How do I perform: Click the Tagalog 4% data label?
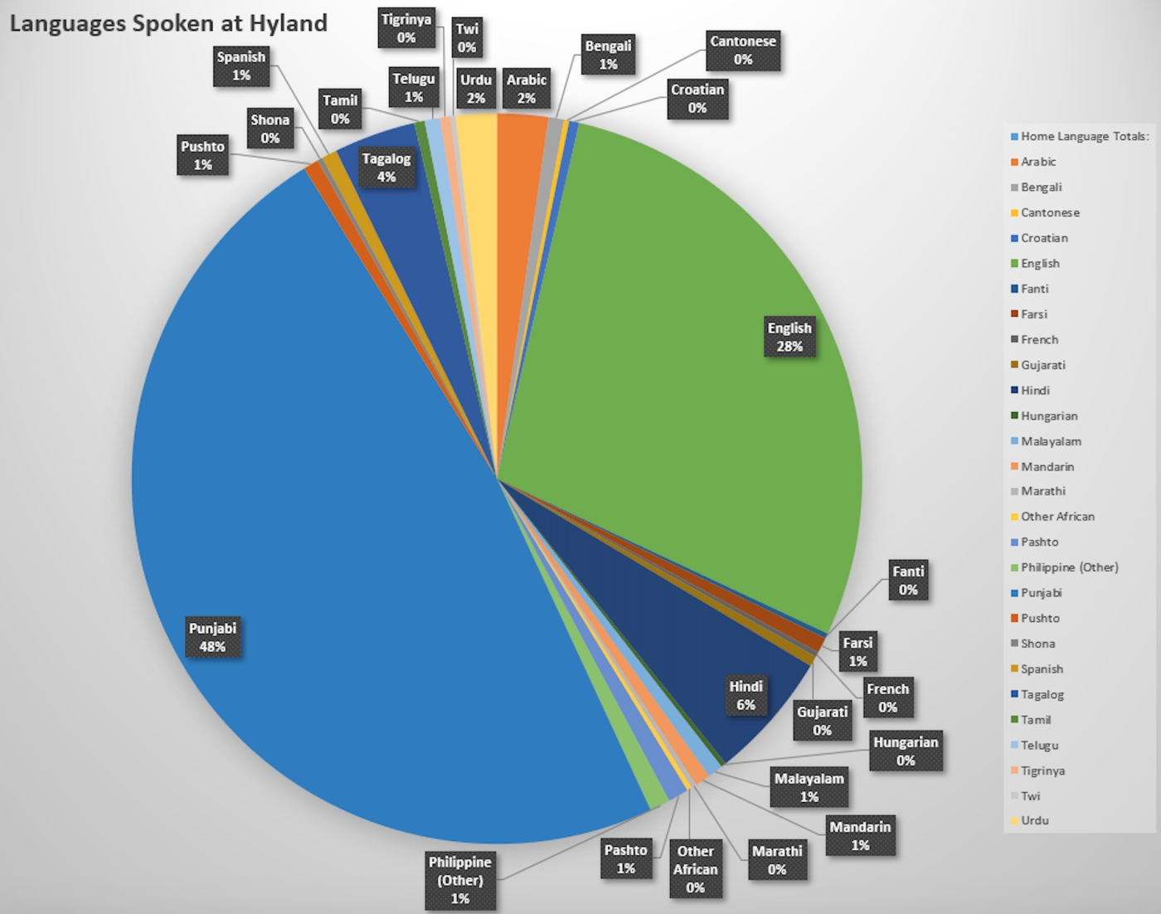[386, 168]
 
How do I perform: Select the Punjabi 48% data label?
[213, 637]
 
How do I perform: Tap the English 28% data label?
[789, 337]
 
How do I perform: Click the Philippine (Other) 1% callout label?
[460, 880]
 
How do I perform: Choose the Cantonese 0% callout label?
[743, 51]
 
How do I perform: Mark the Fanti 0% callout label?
[908, 581]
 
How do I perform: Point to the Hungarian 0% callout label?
[906, 751]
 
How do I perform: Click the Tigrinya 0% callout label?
[406, 28]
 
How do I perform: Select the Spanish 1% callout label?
[241, 66]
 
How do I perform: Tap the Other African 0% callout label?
[695, 869]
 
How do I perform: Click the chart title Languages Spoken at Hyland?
[168, 23]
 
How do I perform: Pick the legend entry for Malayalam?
[1051, 441]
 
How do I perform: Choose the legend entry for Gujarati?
[1042, 365]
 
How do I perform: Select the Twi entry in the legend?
[1030, 796]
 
